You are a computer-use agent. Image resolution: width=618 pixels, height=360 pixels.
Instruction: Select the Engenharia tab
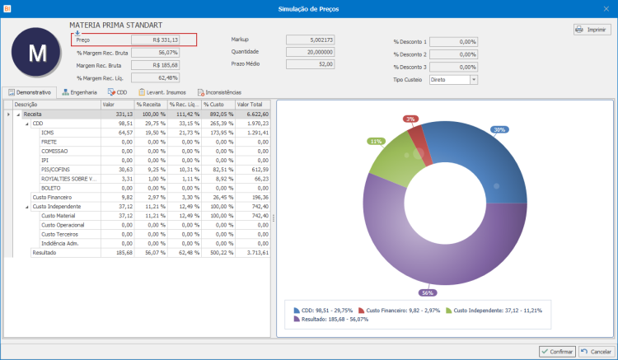pyautogui.click(x=80, y=92)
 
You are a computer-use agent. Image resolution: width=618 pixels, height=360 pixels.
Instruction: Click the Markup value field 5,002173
pyautogui.click(x=311, y=40)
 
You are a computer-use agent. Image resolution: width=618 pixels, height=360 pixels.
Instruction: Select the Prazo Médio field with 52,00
pyautogui.click(x=311, y=63)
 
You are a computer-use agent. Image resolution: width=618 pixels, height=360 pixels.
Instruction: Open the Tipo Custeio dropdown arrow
pyautogui.click(x=474, y=79)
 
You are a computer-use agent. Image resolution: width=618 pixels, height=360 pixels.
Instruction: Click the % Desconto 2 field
pyautogui.click(x=453, y=54)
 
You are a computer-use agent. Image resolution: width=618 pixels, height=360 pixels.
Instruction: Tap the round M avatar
pyautogui.click(x=38, y=54)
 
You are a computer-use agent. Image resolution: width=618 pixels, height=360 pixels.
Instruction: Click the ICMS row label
pyautogui.click(x=47, y=132)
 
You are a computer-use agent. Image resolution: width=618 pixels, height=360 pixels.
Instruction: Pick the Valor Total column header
pyautogui.click(x=250, y=105)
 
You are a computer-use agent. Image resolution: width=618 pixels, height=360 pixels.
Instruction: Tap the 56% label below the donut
pyautogui.click(x=427, y=292)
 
